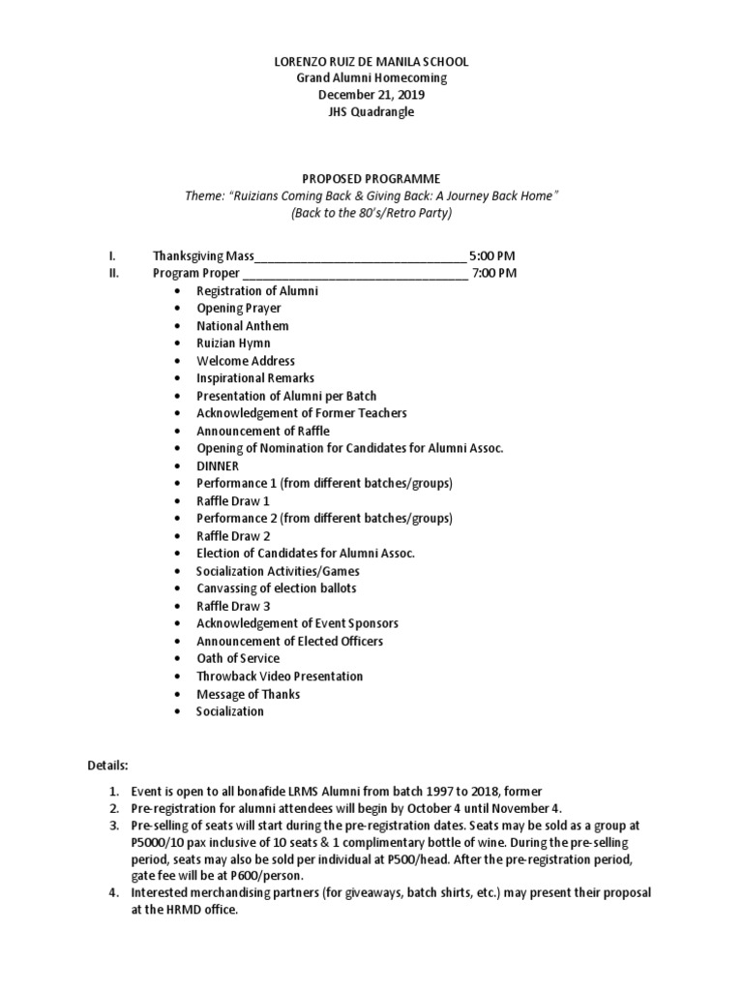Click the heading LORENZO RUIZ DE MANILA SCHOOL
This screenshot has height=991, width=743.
[371, 61]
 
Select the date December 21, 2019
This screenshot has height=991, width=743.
[371, 95]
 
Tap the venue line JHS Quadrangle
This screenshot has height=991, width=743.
[371, 112]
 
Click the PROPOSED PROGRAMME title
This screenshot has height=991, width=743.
[371, 179]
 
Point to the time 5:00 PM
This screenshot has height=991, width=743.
[492, 255]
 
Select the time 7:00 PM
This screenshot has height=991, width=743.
[494, 273]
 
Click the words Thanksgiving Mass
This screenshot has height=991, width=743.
[203, 255]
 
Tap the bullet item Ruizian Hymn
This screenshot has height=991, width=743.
[233, 344]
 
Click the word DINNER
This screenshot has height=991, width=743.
[217, 465]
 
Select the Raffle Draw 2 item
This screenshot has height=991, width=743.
[233, 535]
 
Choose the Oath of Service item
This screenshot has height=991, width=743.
[238, 658]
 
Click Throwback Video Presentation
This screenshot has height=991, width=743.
[280, 676]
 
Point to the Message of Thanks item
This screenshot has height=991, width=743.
[248, 694]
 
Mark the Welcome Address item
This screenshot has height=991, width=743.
[246, 361]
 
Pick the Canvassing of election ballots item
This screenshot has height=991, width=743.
[276, 588]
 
